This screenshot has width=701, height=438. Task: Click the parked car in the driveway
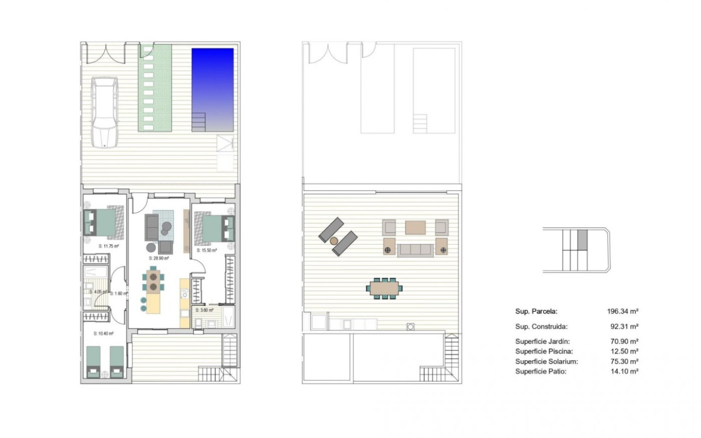pos(105,112)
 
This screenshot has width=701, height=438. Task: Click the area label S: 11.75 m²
pos(109,246)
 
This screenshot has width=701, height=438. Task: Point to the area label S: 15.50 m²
pos(207,250)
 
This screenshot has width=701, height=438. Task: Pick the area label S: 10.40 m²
pos(104,333)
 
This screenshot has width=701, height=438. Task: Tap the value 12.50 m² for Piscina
pos(624,351)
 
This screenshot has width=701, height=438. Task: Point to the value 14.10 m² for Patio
pos(624,371)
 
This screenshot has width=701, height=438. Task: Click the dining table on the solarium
pos(384,287)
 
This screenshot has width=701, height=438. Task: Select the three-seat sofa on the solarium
pos(415,250)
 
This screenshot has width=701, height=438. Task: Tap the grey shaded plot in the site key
pos(582,240)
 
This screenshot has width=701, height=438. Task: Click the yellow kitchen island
pos(154,302)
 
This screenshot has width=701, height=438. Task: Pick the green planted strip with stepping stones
pos(155,88)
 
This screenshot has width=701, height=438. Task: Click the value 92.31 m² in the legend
pos(624,326)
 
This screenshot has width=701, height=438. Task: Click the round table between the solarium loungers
pos(334,241)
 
